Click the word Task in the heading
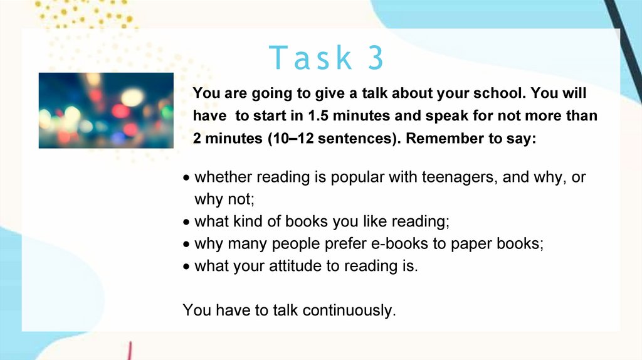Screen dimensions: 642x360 (310, 57)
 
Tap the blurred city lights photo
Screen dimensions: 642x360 (106, 110)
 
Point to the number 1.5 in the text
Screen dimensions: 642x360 (318, 115)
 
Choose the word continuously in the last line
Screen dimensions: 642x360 (349, 310)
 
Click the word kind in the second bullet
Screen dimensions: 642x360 (248, 221)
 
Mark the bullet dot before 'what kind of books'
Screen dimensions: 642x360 (187, 223)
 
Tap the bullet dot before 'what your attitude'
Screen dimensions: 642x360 (187, 267)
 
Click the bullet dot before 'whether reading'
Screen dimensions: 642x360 (187, 178)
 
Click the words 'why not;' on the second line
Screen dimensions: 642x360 (224, 199)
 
